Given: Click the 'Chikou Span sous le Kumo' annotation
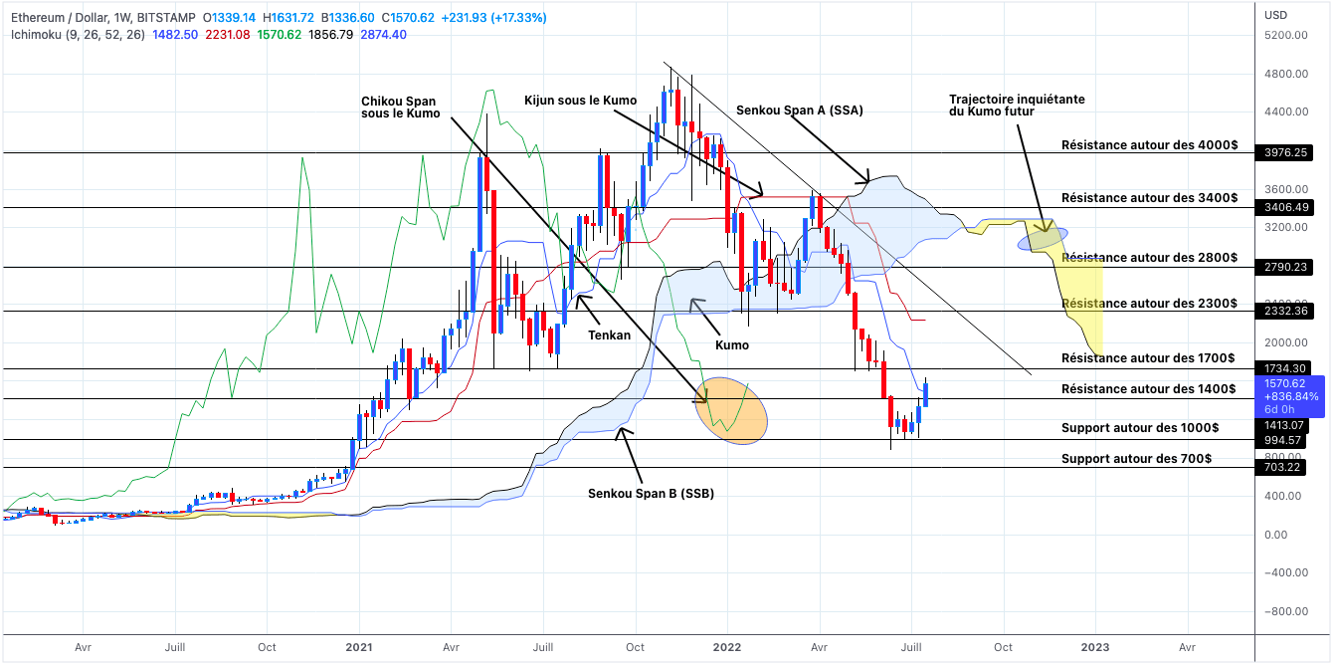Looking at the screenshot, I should pos(400,108).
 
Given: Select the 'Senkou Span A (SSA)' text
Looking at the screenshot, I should pos(799,111).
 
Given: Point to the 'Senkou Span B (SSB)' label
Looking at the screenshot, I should pos(651,493).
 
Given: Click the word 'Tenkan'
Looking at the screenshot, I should pos(609,335).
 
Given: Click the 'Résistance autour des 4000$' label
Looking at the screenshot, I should pos(1149,144).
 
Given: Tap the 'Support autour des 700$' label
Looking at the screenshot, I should pos(1136,458).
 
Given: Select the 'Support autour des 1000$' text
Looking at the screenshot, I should pos(1139,427).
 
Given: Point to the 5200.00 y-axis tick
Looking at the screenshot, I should pos(1285,36).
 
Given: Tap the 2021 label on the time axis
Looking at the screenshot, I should pos(358,646).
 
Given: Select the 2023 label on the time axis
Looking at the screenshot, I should pos(1095,646).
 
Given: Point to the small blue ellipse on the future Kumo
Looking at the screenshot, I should pos(1043,236).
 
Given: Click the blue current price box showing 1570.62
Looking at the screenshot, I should pos(1290,395).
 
